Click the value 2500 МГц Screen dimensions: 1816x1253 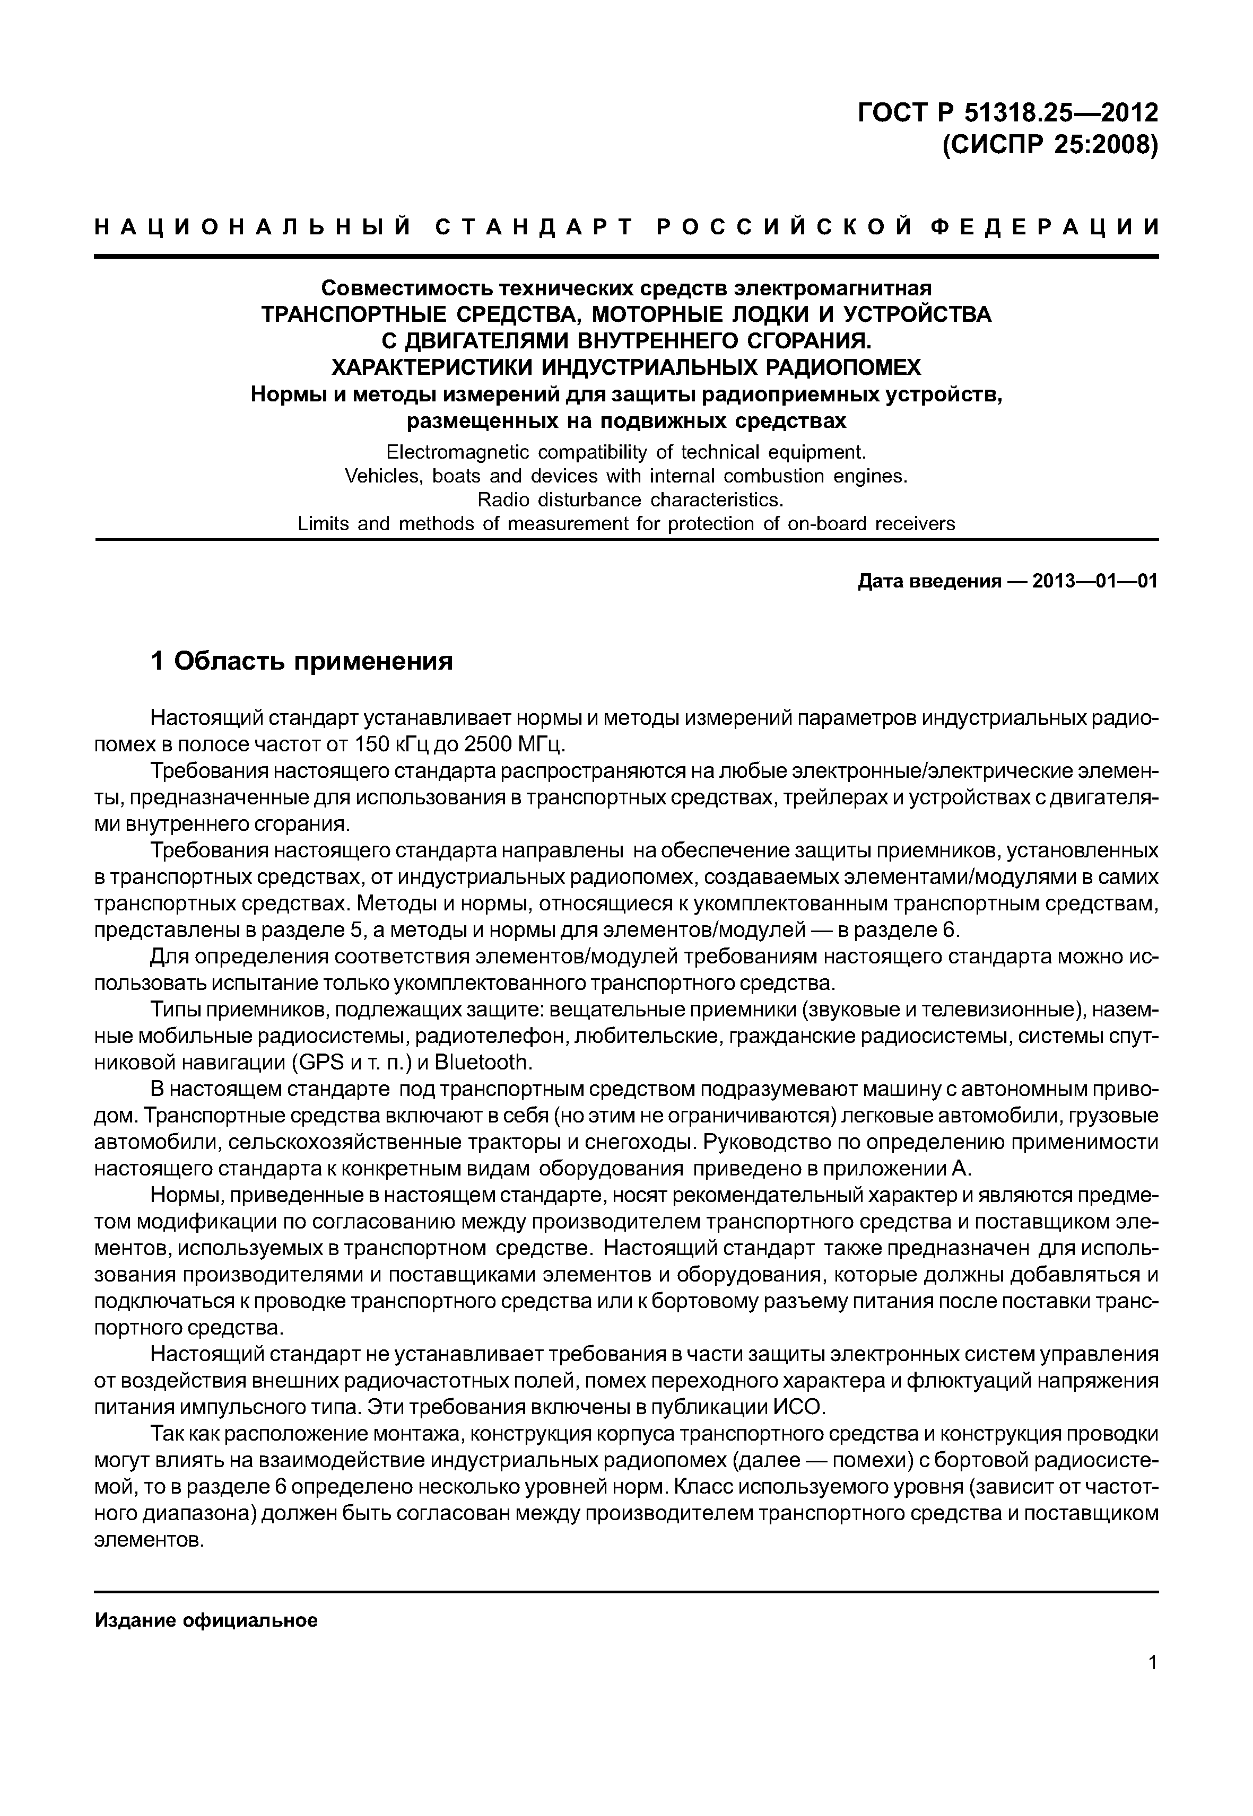[522, 743]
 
